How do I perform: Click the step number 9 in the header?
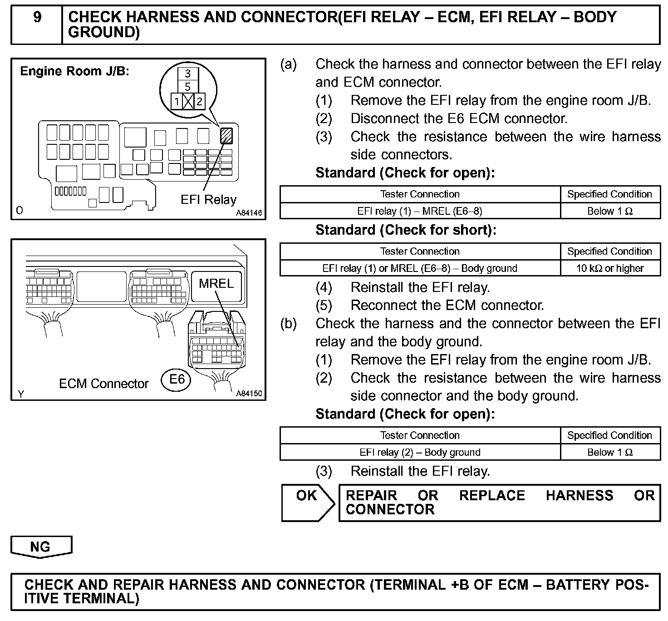(37, 17)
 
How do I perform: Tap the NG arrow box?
(41, 546)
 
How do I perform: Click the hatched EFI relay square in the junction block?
(226, 136)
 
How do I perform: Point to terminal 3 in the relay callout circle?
(187, 74)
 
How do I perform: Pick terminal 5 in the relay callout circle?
(187, 87)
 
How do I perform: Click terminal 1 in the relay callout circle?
(177, 102)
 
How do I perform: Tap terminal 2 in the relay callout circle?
(199, 102)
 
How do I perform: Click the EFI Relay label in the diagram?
(208, 200)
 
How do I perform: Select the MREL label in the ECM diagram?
(216, 284)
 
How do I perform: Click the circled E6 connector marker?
(177, 379)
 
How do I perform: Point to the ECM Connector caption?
(103, 384)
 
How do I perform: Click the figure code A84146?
(249, 213)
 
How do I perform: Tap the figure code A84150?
(249, 394)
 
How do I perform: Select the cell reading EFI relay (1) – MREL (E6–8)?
(420, 211)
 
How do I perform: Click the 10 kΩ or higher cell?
(610, 268)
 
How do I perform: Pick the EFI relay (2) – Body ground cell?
(420, 452)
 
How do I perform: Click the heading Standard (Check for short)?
(406, 230)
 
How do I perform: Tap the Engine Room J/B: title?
(75, 71)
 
